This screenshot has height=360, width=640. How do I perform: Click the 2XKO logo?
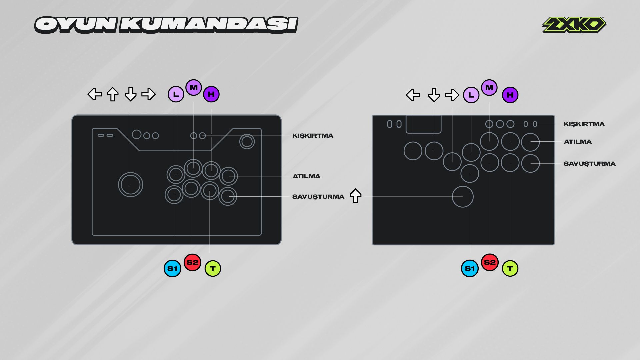pos(574,25)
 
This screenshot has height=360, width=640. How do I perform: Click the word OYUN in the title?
pos(76,25)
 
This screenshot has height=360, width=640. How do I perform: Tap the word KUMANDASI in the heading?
pos(209,25)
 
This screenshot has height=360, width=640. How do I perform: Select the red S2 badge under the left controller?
pos(192,262)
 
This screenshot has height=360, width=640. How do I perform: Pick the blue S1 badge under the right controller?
pos(470,268)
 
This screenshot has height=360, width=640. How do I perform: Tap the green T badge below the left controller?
pos(213,268)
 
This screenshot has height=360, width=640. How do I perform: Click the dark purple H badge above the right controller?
pos(510,95)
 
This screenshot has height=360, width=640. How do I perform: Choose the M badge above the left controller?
pos(194,88)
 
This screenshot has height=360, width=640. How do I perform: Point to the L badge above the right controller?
pos(471,95)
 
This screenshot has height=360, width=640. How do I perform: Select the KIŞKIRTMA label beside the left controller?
pos(313,136)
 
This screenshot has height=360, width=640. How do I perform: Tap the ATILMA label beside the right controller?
pos(578,142)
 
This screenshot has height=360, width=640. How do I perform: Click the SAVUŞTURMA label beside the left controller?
pos(318,197)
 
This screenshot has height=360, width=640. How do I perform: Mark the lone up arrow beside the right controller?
pos(355,196)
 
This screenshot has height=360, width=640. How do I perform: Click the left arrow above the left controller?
pos(95,94)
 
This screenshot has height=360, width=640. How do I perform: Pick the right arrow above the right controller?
pos(452,95)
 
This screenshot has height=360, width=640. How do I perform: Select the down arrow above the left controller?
pos(130,94)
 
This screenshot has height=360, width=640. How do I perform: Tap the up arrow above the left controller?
pos(112,94)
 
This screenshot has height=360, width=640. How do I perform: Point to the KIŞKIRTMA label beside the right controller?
pos(584,124)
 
